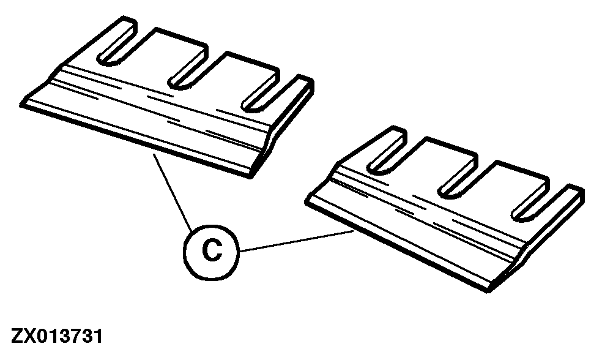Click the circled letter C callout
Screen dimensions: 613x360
(211, 252)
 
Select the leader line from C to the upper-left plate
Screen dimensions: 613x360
(173, 192)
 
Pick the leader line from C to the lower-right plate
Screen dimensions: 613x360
(297, 241)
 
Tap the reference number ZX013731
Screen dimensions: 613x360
(57, 336)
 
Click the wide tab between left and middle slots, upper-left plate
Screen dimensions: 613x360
(164, 54)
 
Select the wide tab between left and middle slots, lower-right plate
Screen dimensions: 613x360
(434, 164)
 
